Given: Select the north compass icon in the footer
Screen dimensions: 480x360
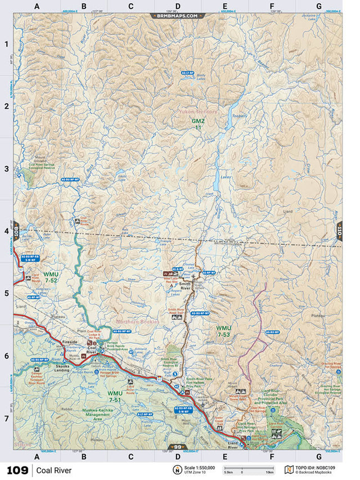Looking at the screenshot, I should (x=177, y=470).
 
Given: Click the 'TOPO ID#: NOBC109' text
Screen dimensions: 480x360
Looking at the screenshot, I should (x=321, y=467).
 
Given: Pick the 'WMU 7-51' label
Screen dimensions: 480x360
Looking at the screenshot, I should (x=115, y=396).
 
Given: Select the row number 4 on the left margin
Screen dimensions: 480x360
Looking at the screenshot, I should (x=6, y=231).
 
